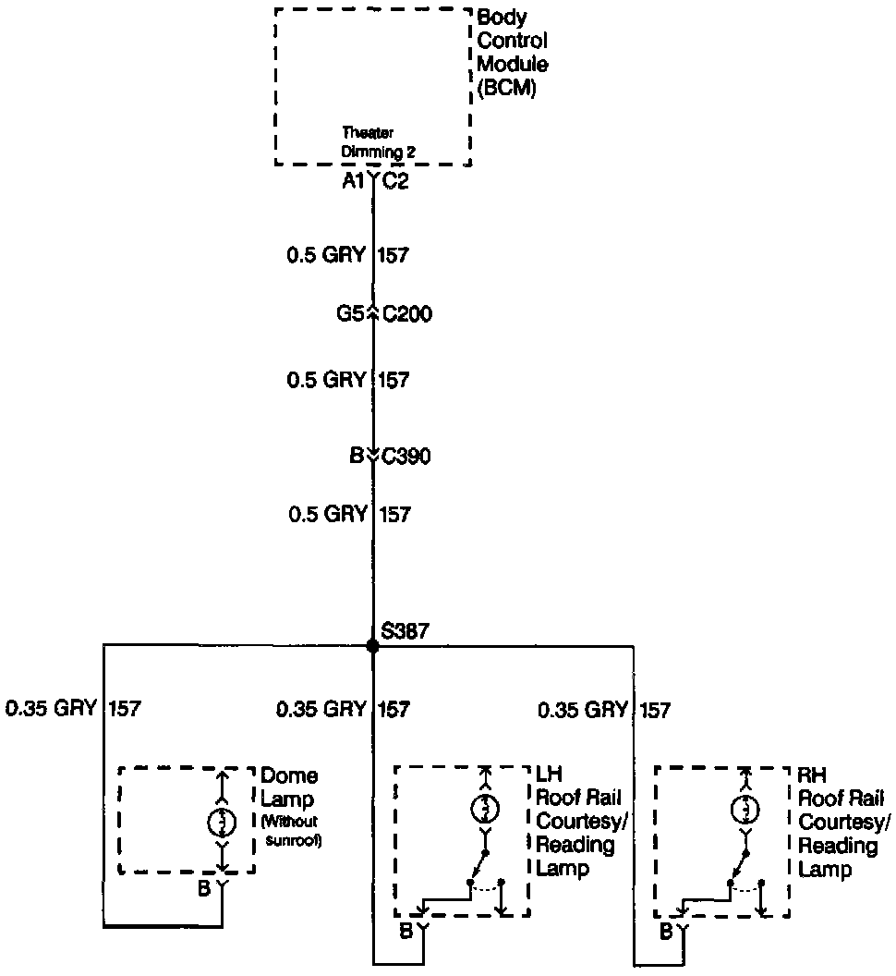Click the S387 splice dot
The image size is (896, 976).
tap(373, 646)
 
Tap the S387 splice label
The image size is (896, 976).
tap(405, 632)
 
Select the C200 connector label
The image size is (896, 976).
tap(406, 314)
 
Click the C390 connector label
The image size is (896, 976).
tap(406, 456)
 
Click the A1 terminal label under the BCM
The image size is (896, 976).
tap(353, 182)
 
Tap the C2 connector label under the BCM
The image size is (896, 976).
tap(395, 182)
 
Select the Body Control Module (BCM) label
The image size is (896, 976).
tap(512, 54)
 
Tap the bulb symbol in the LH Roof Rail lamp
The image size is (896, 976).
tap(485, 808)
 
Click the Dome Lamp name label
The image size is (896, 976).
tap(289, 787)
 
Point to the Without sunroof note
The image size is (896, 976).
tap(291, 830)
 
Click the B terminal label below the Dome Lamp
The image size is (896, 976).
tap(203, 889)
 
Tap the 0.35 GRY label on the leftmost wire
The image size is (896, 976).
tap(52, 709)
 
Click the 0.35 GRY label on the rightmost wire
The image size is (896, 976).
tap(583, 710)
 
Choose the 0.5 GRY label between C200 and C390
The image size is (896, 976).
tap(327, 379)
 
